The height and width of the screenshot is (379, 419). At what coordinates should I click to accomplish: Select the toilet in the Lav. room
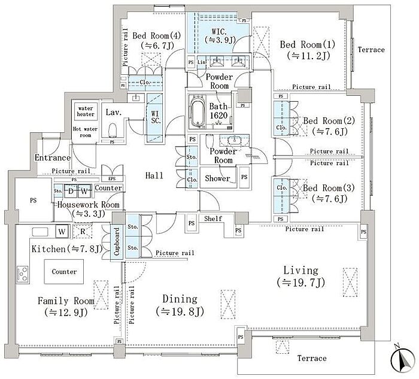pyautogui.click(x=113, y=130)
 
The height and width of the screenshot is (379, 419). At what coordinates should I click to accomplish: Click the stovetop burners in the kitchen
pyautogui.click(x=23, y=274)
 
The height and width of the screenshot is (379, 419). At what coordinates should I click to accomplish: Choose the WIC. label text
pyautogui.click(x=219, y=32)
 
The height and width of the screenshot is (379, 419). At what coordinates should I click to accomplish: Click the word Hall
pyautogui.click(x=154, y=175)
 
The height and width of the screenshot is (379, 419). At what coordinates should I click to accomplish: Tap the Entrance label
pyautogui.click(x=53, y=157)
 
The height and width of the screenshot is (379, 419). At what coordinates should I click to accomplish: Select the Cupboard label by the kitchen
pyautogui.click(x=117, y=241)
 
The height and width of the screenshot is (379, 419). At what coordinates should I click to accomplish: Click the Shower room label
pyautogui.click(x=217, y=178)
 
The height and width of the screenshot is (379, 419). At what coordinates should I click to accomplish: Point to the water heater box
pyautogui.click(x=86, y=111)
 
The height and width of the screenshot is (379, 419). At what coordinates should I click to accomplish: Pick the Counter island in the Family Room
pyautogui.click(x=64, y=272)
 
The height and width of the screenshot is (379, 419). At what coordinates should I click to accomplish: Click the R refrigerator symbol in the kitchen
pyautogui.click(x=83, y=232)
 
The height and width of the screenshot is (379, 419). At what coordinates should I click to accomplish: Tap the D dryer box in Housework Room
pyautogui.click(x=71, y=191)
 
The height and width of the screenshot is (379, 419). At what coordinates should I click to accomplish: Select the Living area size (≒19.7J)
pyautogui.click(x=301, y=282)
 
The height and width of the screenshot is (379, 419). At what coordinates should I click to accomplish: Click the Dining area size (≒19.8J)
pyautogui.click(x=180, y=311)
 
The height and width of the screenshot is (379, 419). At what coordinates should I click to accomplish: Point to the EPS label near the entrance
pyautogui.click(x=113, y=178)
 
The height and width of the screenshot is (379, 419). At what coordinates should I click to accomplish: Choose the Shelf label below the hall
pyautogui.click(x=213, y=219)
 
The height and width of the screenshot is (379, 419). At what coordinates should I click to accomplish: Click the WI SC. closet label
pyautogui.click(x=155, y=117)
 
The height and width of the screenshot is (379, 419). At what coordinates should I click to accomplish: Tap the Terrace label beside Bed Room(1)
pyautogui.click(x=371, y=50)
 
